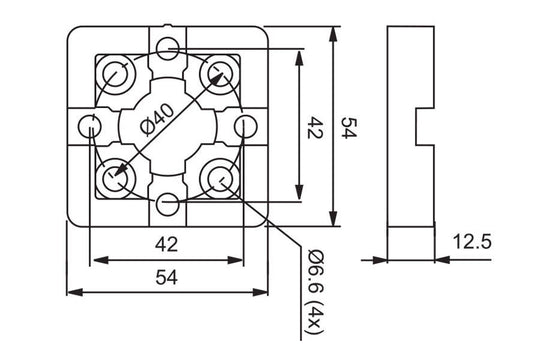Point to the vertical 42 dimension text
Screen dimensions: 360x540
click(314, 127)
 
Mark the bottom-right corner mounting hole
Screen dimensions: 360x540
click(219, 179)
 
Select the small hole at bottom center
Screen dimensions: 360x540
click(168, 205)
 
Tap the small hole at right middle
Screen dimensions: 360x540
click(245, 126)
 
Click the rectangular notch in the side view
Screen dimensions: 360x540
click(424, 128)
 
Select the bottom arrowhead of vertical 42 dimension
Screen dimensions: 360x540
click(298, 201)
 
